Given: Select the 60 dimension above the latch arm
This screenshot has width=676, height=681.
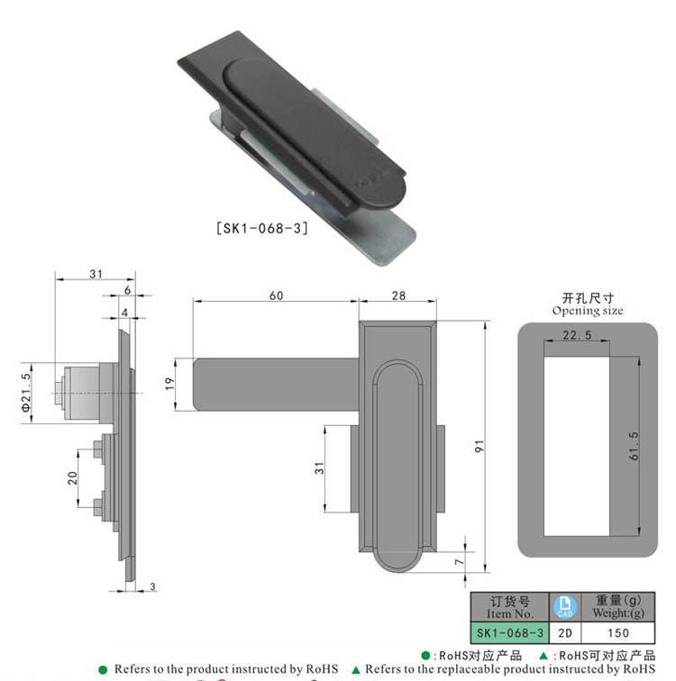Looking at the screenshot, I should [x=276, y=295].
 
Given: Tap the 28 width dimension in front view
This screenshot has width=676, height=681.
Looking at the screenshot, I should [x=399, y=295].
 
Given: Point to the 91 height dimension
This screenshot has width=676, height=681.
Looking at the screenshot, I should [x=480, y=445].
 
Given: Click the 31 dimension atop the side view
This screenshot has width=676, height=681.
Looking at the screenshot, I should [x=95, y=275].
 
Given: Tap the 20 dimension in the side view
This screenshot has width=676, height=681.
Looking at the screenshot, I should [x=73, y=478].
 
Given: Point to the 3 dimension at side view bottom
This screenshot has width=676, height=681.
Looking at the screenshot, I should [x=152, y=587].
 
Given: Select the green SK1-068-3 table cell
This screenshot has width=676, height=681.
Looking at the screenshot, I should [x=509, y=632].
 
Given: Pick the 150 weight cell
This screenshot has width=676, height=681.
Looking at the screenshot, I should [x=618, y=632].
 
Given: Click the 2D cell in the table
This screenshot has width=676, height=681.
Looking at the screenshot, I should [x=563, y=632].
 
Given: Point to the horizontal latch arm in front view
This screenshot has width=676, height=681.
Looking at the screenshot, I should [x=275, y=384].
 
